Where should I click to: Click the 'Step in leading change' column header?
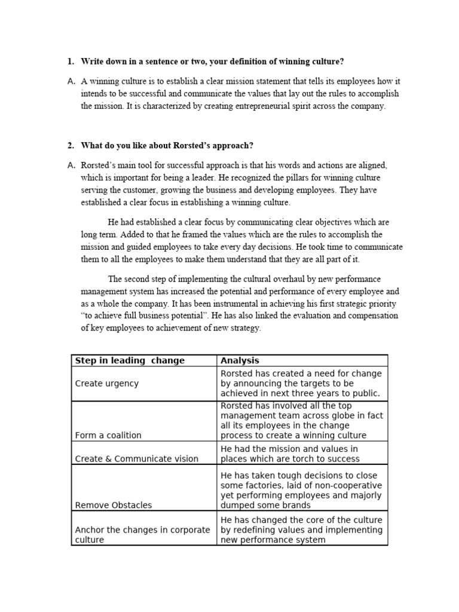click(x=130, y=360)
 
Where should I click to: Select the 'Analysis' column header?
click(x=240, y=360)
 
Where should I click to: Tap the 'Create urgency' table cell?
click(x=106, y=383)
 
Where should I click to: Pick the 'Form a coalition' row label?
click(x=108, y=436)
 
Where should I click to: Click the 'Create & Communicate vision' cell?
click(x=136, y=459)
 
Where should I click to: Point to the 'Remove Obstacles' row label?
click(x=114, y=505)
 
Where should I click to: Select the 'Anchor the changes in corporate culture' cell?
click(x=142, y=534)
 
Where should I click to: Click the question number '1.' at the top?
click(x=71, y=62)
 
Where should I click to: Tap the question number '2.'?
click(x=71, y=145)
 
